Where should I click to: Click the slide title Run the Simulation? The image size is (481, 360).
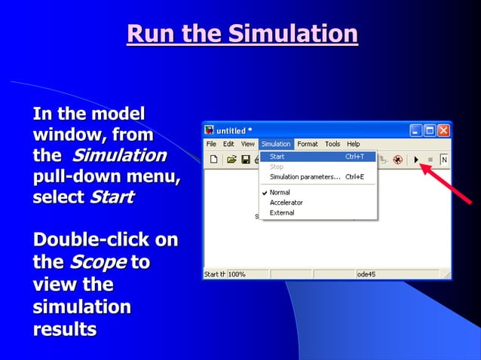[242, 34]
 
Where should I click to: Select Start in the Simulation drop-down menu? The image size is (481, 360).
[277, 157]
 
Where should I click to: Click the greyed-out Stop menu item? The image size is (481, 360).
[276, 166]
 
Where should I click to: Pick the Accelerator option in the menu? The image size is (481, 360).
[286, 203]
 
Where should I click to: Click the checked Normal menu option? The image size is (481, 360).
[280, 193]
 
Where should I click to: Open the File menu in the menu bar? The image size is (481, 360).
[211, 144]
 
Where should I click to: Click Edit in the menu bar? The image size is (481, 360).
[228, 144]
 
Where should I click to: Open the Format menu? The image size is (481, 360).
[307, 144]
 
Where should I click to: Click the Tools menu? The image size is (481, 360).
[332, 144]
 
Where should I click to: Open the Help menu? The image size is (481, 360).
[353, 144]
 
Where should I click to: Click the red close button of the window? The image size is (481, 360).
[443, 130]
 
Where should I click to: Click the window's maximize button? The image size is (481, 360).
[430, 130]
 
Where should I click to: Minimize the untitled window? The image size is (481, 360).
[416, 130]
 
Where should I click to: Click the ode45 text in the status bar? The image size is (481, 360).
[367, 274]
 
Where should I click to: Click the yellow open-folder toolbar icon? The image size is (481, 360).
[231, 160]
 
